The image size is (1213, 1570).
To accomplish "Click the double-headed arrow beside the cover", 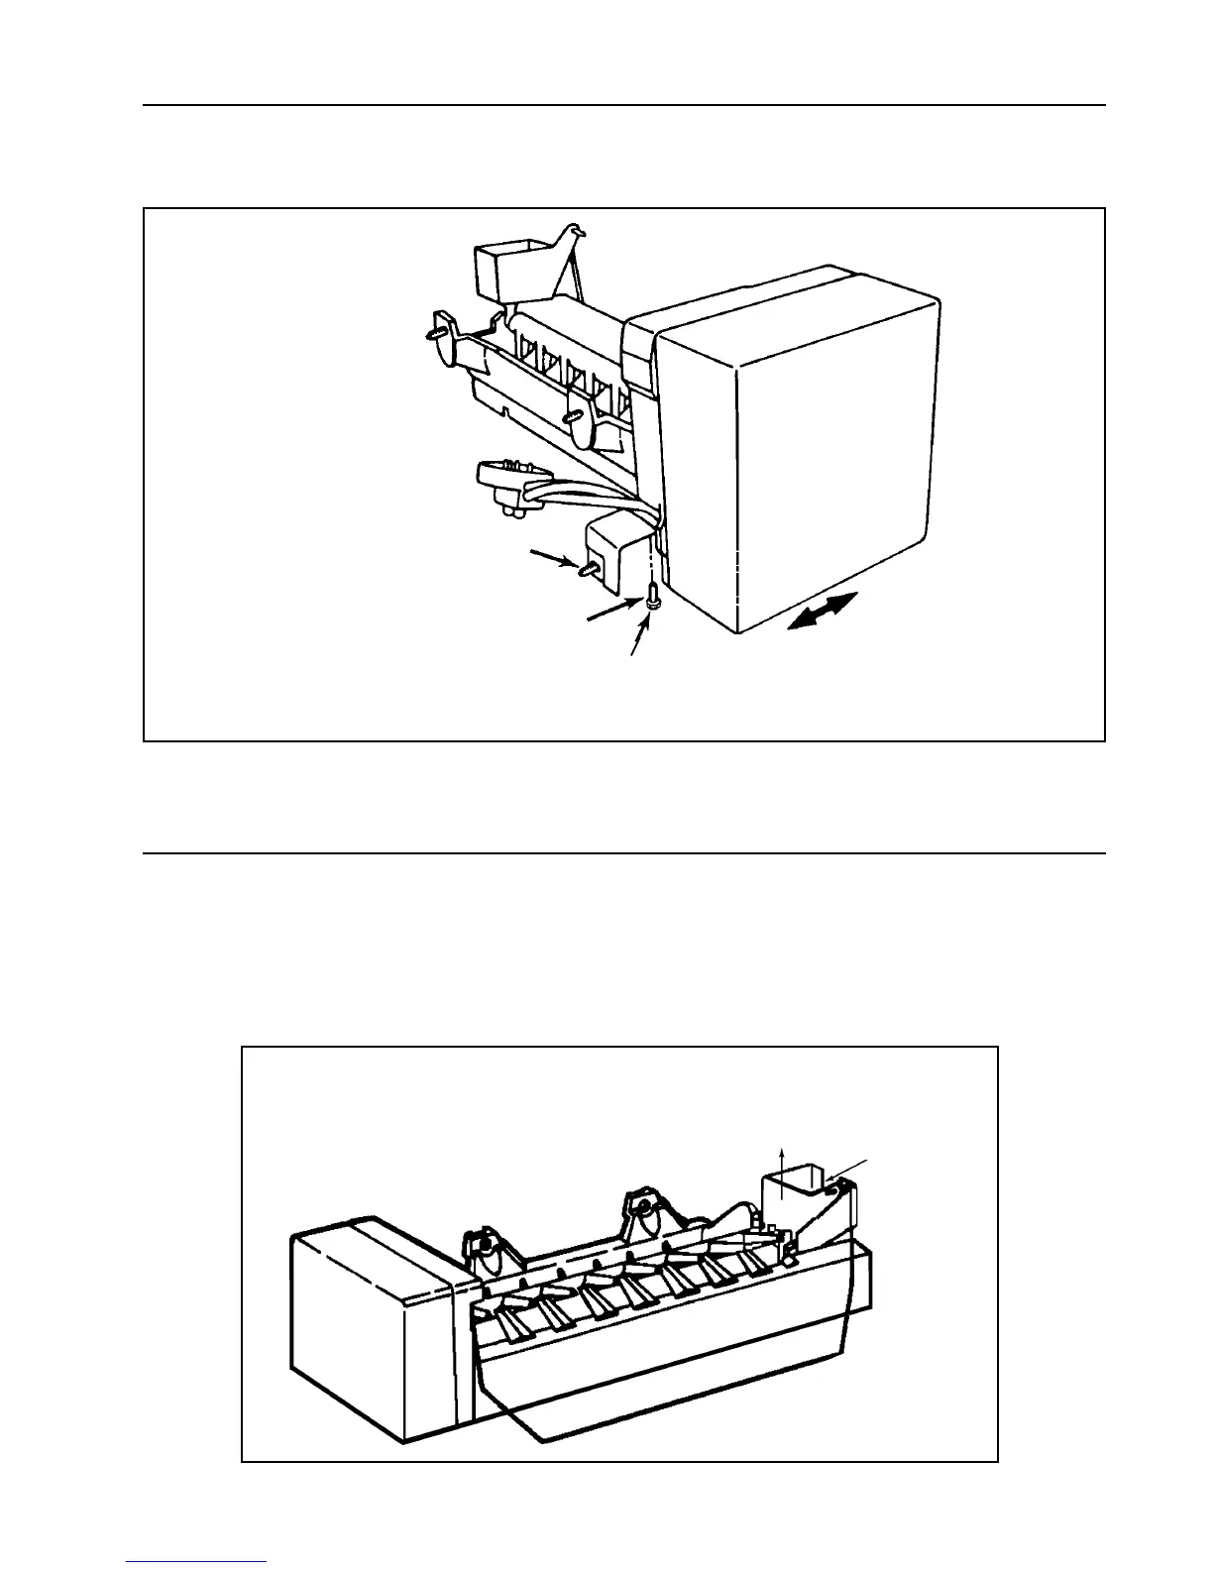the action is pos(823,610).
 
